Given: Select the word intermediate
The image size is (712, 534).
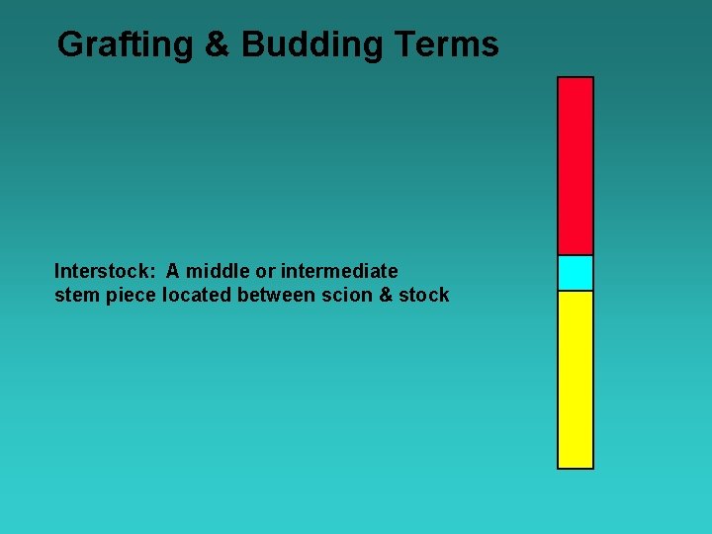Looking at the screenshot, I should pos(339,271).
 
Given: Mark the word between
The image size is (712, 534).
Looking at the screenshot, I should pos(276,295).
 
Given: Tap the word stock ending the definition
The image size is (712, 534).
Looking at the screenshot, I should pos(424,295).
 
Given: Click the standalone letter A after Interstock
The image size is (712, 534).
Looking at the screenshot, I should pos(173,271).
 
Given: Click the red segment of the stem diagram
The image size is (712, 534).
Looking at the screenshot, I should pos(576,165).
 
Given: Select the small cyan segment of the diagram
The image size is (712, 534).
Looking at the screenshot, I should pos(576,273).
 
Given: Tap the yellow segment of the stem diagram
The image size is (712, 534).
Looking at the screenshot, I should pos(576,379).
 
